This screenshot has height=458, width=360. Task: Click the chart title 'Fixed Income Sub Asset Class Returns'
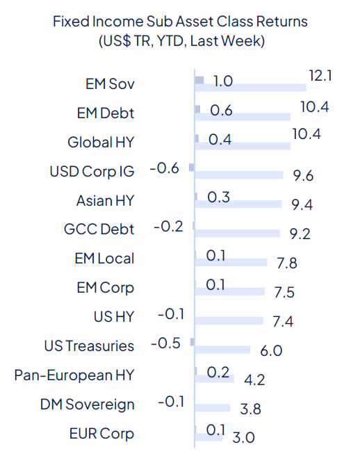180,22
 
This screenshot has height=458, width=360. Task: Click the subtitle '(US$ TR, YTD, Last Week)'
180,41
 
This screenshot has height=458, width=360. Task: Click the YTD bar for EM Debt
243,117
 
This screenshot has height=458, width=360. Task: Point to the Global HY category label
101,142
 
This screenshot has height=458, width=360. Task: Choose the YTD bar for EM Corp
230,292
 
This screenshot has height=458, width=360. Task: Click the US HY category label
113,317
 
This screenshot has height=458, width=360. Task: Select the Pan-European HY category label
74,375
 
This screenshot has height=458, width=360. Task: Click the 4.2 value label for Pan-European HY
255,379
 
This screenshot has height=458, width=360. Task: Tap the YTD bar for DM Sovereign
213,409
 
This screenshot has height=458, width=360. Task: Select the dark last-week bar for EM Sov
199,81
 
